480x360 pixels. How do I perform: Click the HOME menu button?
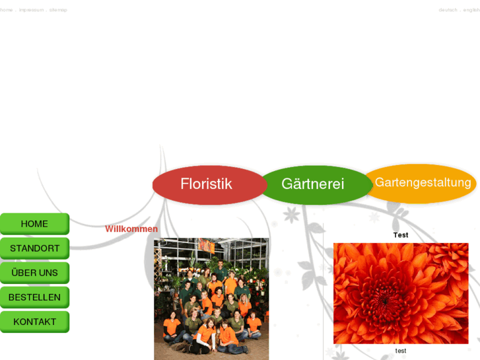pyautogui.click(x=34, y=224)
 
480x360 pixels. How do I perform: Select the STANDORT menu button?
pyautogui.click(x=34, y=248)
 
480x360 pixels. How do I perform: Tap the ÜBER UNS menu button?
pyautogui.click(x=34, y=273)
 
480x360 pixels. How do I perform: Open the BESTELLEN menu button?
pyautogui.click(x=34, y=297)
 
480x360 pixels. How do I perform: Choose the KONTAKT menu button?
pyautogui.click(x=34, y=322)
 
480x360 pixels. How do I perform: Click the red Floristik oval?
pyautogui.click(x=207, y=184)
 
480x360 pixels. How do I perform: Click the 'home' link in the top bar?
pyautogui.click(x=7, y=10)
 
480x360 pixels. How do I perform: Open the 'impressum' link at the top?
pyautogui.click(x=31, y=10)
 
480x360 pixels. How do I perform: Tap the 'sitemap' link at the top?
pyautogui.click(x=58, y=10)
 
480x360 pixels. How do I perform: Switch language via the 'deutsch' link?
pyautogui.click(x=448, y=10)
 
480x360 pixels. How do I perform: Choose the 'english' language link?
pyautogui.click(x=471, y=10)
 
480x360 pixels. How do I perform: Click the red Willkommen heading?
pyautogui.click(x=131, y=229)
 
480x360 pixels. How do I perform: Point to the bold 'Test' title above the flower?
pyautogui.click(x=401, y=235)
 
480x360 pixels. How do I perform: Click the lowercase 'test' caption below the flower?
pyautogui.click(x=401, y=351)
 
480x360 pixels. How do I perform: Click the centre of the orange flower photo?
pyautogui.click(x=401, y=293)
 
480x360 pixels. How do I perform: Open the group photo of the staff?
pyautogui.click(x=211, y=299)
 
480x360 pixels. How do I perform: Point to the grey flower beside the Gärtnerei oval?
pyautogui.click(x=291, y=215)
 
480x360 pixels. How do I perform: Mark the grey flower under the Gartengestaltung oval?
pyautogui.click(x=374, y=217)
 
